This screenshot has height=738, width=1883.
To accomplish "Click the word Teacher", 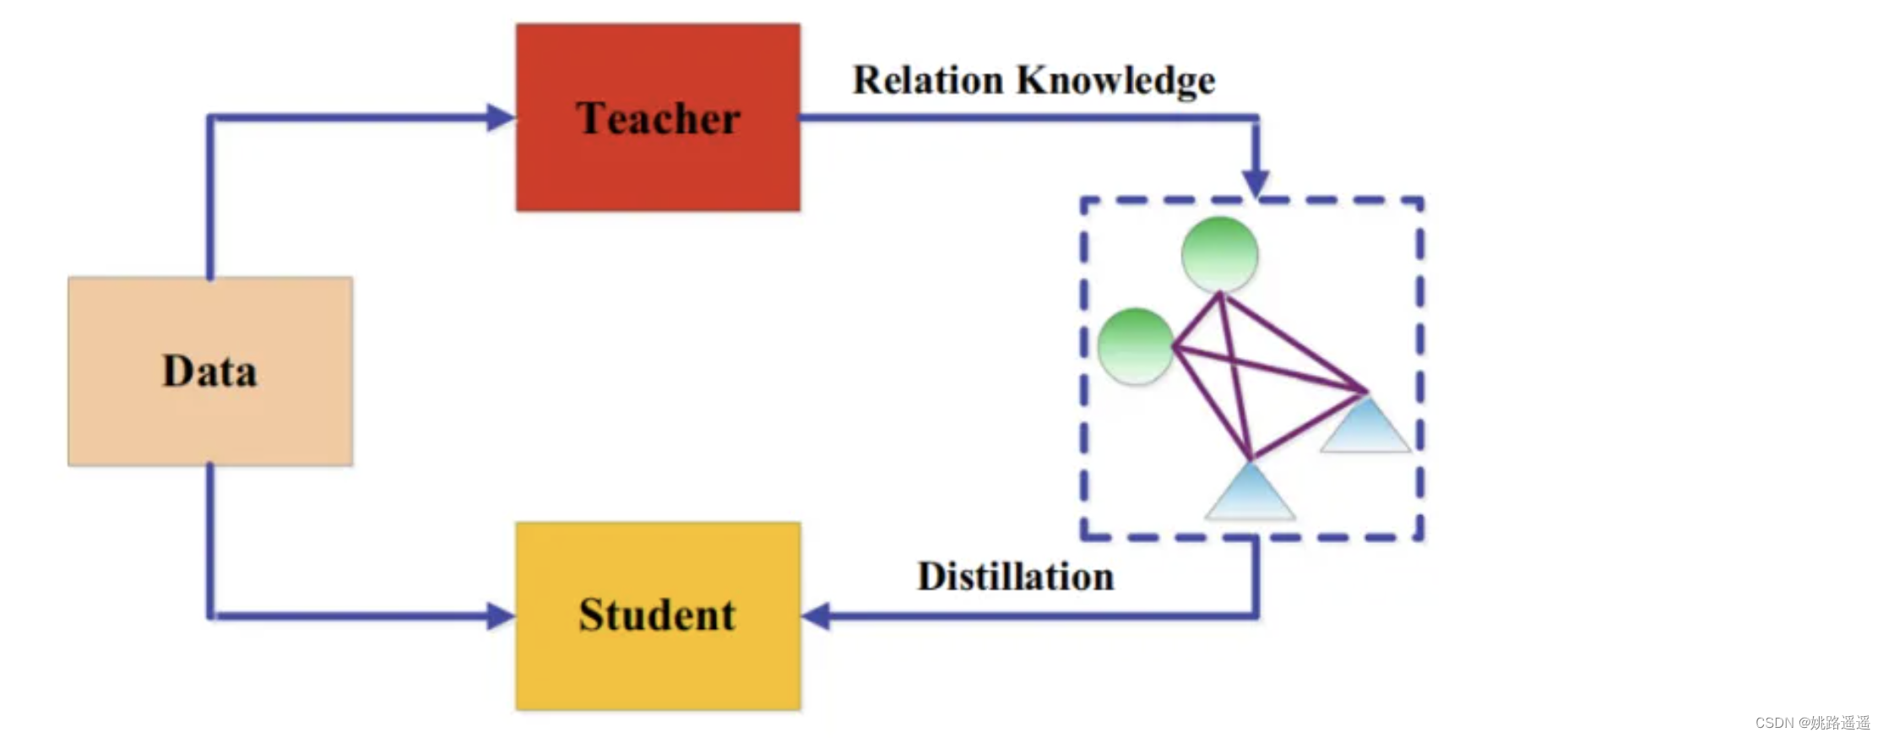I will click(658, 118).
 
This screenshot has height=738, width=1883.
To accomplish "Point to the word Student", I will click(657, 615).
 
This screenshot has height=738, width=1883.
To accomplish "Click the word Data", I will click(209, 372).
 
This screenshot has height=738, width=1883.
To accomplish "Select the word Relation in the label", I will click(927, 81).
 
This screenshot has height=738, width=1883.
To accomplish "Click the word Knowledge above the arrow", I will click(1115, 81).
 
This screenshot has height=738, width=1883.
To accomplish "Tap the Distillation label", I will click(1015, 578).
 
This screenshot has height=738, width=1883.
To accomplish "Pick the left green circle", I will click(1136, 346).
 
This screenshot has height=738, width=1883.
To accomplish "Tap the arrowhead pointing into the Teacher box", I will click(501, 117).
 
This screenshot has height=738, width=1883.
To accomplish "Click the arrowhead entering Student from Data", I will click(501, 616).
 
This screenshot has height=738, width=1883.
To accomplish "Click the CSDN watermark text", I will click(1812, 723).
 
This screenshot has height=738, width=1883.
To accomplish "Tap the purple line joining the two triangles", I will click(1309, 426).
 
